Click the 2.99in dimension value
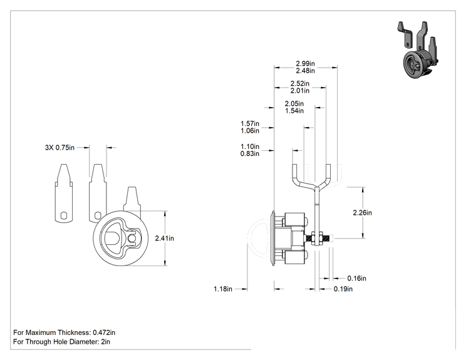tap(305, 64)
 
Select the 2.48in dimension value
tap(305, 71)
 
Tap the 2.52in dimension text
tap(300, 83)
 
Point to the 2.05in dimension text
tap(294, 104)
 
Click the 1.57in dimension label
tap(250, 123)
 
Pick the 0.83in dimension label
tap(250, 153)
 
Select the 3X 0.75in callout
tap(60, 148)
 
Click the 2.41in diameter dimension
tap(165, 238)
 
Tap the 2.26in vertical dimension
tap(362, 213)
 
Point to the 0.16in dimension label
tap(356, 279)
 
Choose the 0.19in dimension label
tap(343, 289)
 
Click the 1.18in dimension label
tap(223, 289)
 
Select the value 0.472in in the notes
tap(104, 332)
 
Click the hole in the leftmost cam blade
tap(64, 215)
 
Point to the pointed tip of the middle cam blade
tap(98, 165)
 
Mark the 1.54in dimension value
tap(294, 111)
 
